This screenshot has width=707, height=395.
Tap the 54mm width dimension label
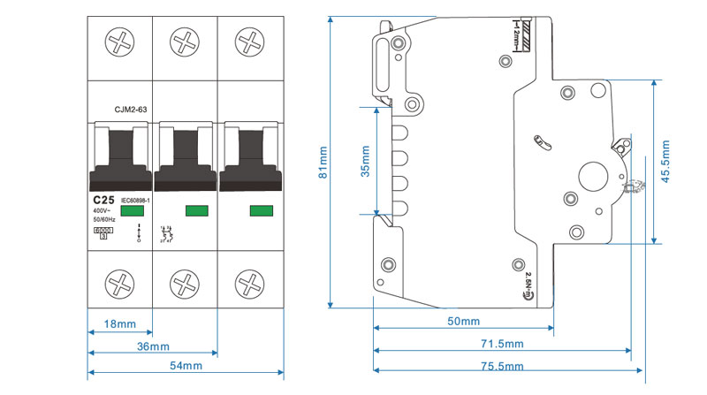[x=186, y=366]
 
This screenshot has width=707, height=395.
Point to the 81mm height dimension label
[x=323, y=163]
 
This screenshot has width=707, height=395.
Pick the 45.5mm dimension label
[x=665, y=164]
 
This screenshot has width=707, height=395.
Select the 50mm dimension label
[x=463, y=321]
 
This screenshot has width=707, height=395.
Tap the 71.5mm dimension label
[x=502, y=344]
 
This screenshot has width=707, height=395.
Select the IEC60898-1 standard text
[x=137, y=201]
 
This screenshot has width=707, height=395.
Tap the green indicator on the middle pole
[x=196, y=210]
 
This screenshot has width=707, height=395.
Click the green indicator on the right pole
[x=262, y=210]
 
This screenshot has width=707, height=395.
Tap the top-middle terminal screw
[x=185, y=42]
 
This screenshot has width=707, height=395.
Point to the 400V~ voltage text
[x=102, y=210]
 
